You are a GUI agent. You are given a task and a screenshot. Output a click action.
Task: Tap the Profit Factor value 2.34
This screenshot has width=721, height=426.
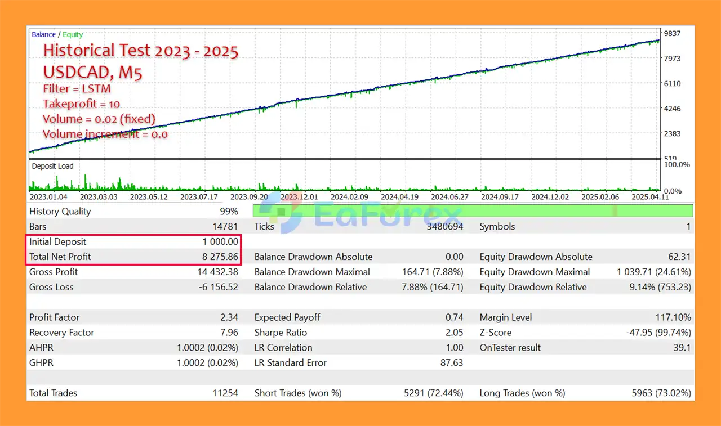[x=229, y=317]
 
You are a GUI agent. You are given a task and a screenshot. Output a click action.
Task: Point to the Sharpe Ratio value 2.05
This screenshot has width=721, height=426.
[x=454, y=333]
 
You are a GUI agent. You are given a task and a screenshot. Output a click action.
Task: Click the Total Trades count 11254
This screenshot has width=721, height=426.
[x=225, y=393]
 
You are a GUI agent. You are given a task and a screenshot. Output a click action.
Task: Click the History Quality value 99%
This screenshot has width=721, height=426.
[x=229, y=212]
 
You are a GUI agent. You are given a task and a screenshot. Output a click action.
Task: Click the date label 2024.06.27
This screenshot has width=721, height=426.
[x=449, y=197]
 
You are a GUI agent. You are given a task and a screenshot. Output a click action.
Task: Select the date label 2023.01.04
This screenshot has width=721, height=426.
[x=48, y=197]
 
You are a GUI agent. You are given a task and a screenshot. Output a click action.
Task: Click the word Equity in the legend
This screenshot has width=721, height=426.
[x=73, y=35]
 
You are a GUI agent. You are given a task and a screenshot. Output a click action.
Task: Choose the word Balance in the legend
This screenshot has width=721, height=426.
[x=43, y=35]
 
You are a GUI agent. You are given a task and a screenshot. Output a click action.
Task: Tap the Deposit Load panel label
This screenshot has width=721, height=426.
[x=52, y=166]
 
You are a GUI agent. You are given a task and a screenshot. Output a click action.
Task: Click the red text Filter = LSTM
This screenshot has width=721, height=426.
[x=77, y=89]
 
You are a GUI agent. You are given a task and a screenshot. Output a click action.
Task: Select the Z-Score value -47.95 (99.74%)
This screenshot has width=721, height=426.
[x=658, y=333]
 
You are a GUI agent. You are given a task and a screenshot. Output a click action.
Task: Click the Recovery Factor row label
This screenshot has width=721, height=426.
[x=61, y=333]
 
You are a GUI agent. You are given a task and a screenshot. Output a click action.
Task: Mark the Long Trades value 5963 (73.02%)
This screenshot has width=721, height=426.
[x=656, y=393]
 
